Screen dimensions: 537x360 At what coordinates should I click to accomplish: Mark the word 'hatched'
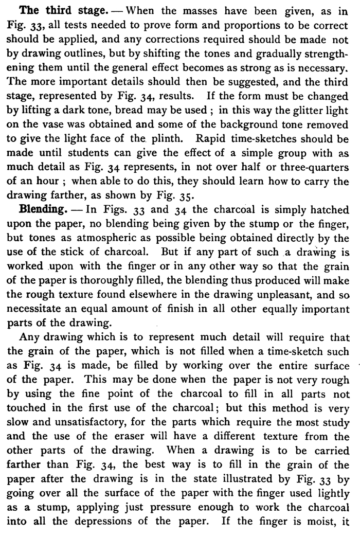323,211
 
